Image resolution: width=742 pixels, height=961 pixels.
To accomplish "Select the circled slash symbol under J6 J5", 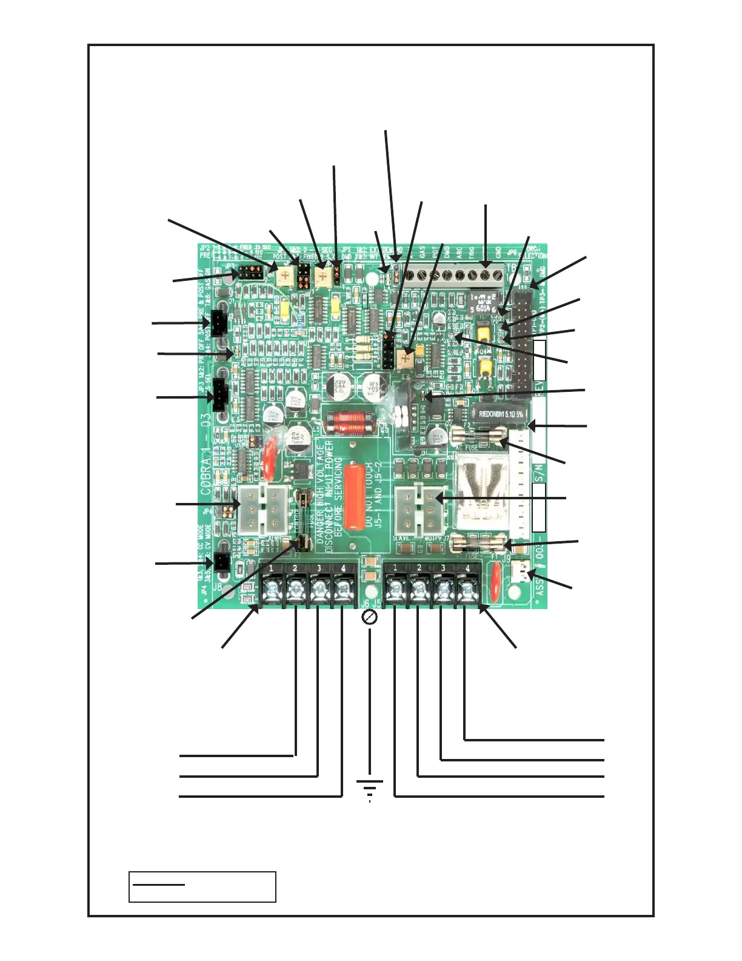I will [x=369, y=618].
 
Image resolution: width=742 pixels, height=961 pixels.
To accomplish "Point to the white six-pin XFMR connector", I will [x=262, y=509].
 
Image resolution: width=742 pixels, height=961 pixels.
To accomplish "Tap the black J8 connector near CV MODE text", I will [x=221, y=562].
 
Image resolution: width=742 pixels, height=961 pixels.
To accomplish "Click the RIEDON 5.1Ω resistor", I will [x=501, y=414].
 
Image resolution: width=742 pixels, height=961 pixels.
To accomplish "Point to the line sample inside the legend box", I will [x=158, y=885].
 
